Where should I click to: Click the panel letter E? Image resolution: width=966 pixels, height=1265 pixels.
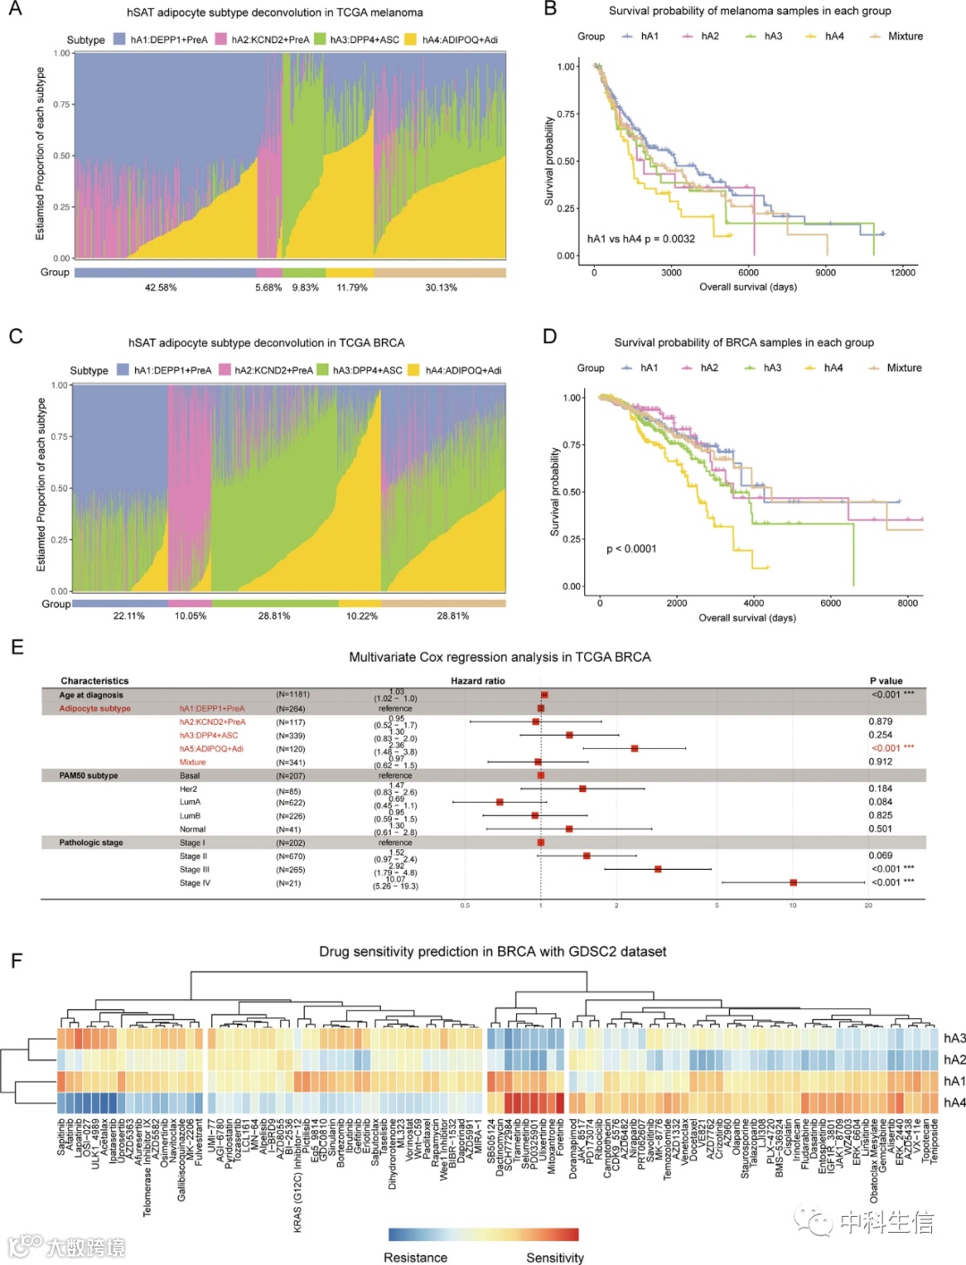(16, 646)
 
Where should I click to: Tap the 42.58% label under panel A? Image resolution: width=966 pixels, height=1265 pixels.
(161, 288)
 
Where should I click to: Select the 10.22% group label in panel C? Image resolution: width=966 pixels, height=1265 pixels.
(361, 616)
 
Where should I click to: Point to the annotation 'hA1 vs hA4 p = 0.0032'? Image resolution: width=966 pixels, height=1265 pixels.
(640, 239)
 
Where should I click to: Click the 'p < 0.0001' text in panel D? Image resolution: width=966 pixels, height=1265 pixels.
(631, 549)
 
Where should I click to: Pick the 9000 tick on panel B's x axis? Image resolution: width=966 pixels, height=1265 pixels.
(825, 273)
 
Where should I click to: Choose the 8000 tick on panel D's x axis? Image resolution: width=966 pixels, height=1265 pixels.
(907, 603)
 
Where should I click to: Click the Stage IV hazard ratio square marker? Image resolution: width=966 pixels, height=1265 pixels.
(793, 882)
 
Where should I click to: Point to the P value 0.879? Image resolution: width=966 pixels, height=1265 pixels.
(880, 721)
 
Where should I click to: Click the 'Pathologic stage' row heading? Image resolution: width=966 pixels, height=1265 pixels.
(91, 842)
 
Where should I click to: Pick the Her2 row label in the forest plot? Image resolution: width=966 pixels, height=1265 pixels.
(189, 789)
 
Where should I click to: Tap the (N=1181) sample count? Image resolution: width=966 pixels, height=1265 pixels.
(293, 695)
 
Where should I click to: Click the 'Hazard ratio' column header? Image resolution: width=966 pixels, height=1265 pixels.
(478, 681)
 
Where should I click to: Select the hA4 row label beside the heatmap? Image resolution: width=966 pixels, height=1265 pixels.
(954, 1102)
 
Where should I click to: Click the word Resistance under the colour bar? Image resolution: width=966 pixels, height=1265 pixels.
(415, 1257)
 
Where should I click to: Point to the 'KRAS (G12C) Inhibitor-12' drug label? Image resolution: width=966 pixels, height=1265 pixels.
(298, 1180)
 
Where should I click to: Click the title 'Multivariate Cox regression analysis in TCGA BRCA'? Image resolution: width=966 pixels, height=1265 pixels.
(499, 657)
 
